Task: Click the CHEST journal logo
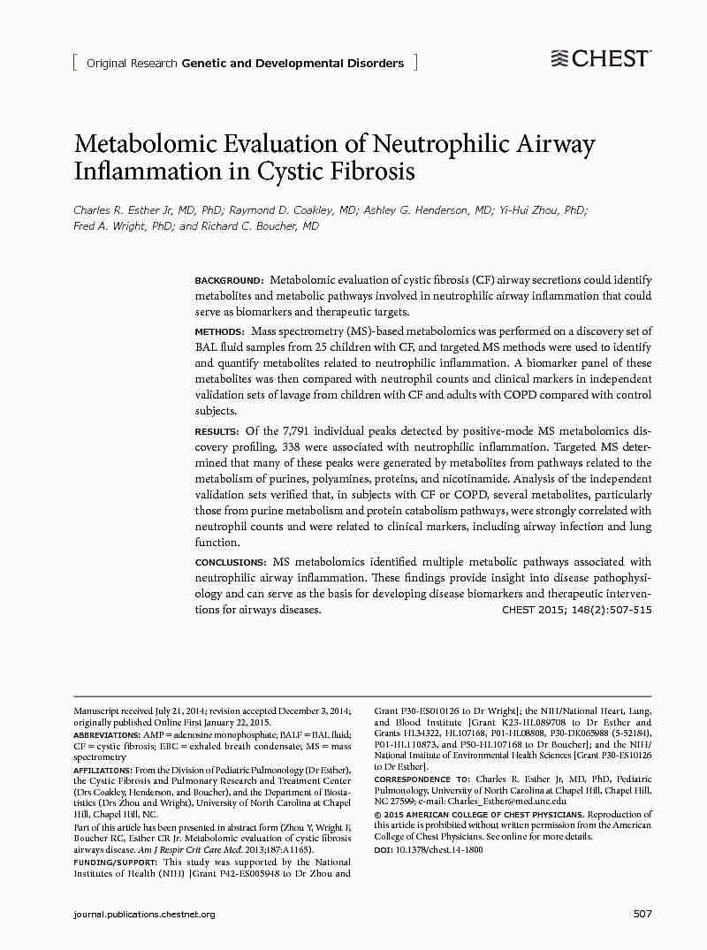tap(600, 59)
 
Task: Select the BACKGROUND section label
tap(229, 280)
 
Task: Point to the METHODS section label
tap(219, 331)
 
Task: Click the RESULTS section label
tap(217, 431)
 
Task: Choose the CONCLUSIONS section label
tap(231, 562)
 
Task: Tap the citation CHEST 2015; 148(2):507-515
tap(576, 610)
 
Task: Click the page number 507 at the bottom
tap(642, 913)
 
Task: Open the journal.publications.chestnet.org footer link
tap(144, 914)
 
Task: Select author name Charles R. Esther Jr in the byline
tap(118, 210)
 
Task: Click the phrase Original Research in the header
tap(132, 63)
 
